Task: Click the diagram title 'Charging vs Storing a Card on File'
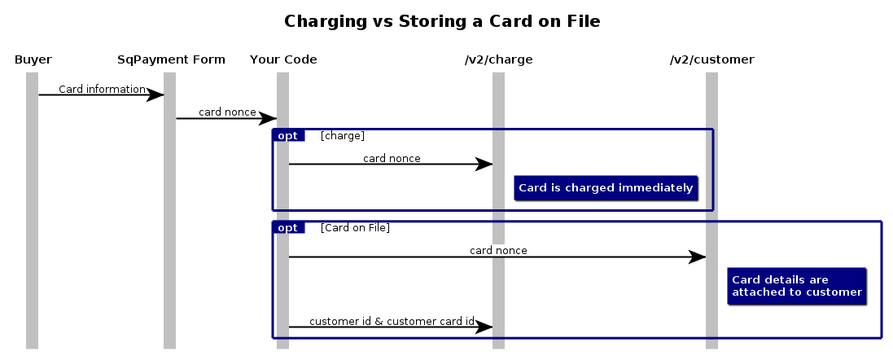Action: point(442,22)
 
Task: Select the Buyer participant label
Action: point(33,59)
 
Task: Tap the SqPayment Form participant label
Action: point(171,59)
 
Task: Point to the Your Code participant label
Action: point(283,59)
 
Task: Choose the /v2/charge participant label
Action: point(498,59)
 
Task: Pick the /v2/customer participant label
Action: point(711,59)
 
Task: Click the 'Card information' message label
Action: point(102,89)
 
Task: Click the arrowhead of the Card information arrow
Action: point(155,94)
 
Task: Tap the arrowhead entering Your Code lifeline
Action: point(269,118)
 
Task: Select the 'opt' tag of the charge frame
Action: point(288,135)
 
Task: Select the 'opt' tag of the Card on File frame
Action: point(288,227)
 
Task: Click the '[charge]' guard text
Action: point(343,135)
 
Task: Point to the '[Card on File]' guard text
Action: point(355,227)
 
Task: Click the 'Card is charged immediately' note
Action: point(606,188)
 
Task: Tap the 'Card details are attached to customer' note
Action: point(796,286)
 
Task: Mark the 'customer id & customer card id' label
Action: point(392,321)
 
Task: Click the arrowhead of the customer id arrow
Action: point(484,327)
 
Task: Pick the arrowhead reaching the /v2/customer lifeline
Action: point(698,257)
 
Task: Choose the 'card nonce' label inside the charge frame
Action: point(392,158)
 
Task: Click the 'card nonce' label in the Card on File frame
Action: point(498,250)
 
